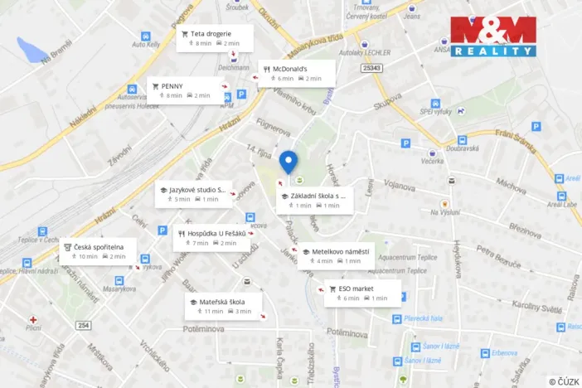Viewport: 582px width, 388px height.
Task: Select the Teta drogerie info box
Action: click(x=211, y=38)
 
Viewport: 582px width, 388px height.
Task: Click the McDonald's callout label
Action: click(x=296, y=73)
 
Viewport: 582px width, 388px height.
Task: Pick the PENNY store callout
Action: click(x=183, y=90)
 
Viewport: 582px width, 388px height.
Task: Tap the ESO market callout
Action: click(x=362, y=293)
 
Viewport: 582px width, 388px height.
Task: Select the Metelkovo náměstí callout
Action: click(x=337, y=255)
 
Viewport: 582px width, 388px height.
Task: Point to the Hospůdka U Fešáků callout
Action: click(x=212, y=238)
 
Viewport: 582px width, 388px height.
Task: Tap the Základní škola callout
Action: click(x=316, y=200)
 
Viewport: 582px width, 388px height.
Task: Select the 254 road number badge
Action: click(x=83, y=324)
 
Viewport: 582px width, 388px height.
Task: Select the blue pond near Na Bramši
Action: click(x=34, y=51)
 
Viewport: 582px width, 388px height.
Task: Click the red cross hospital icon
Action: click(x=33, y=319)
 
